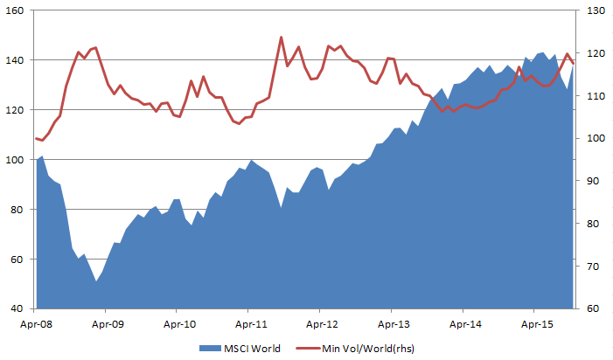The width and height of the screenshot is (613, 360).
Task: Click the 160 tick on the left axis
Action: coord(17,10)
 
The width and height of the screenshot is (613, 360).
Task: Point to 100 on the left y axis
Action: coord(17,160)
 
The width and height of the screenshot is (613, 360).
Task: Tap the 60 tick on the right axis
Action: coord(594,308)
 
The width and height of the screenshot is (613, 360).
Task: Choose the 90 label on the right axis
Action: coord(594,181)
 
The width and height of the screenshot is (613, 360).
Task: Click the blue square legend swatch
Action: coord(207,349)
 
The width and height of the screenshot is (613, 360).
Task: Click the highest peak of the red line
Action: coord(281,37)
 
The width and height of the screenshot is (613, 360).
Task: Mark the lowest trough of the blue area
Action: coord(96,280)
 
